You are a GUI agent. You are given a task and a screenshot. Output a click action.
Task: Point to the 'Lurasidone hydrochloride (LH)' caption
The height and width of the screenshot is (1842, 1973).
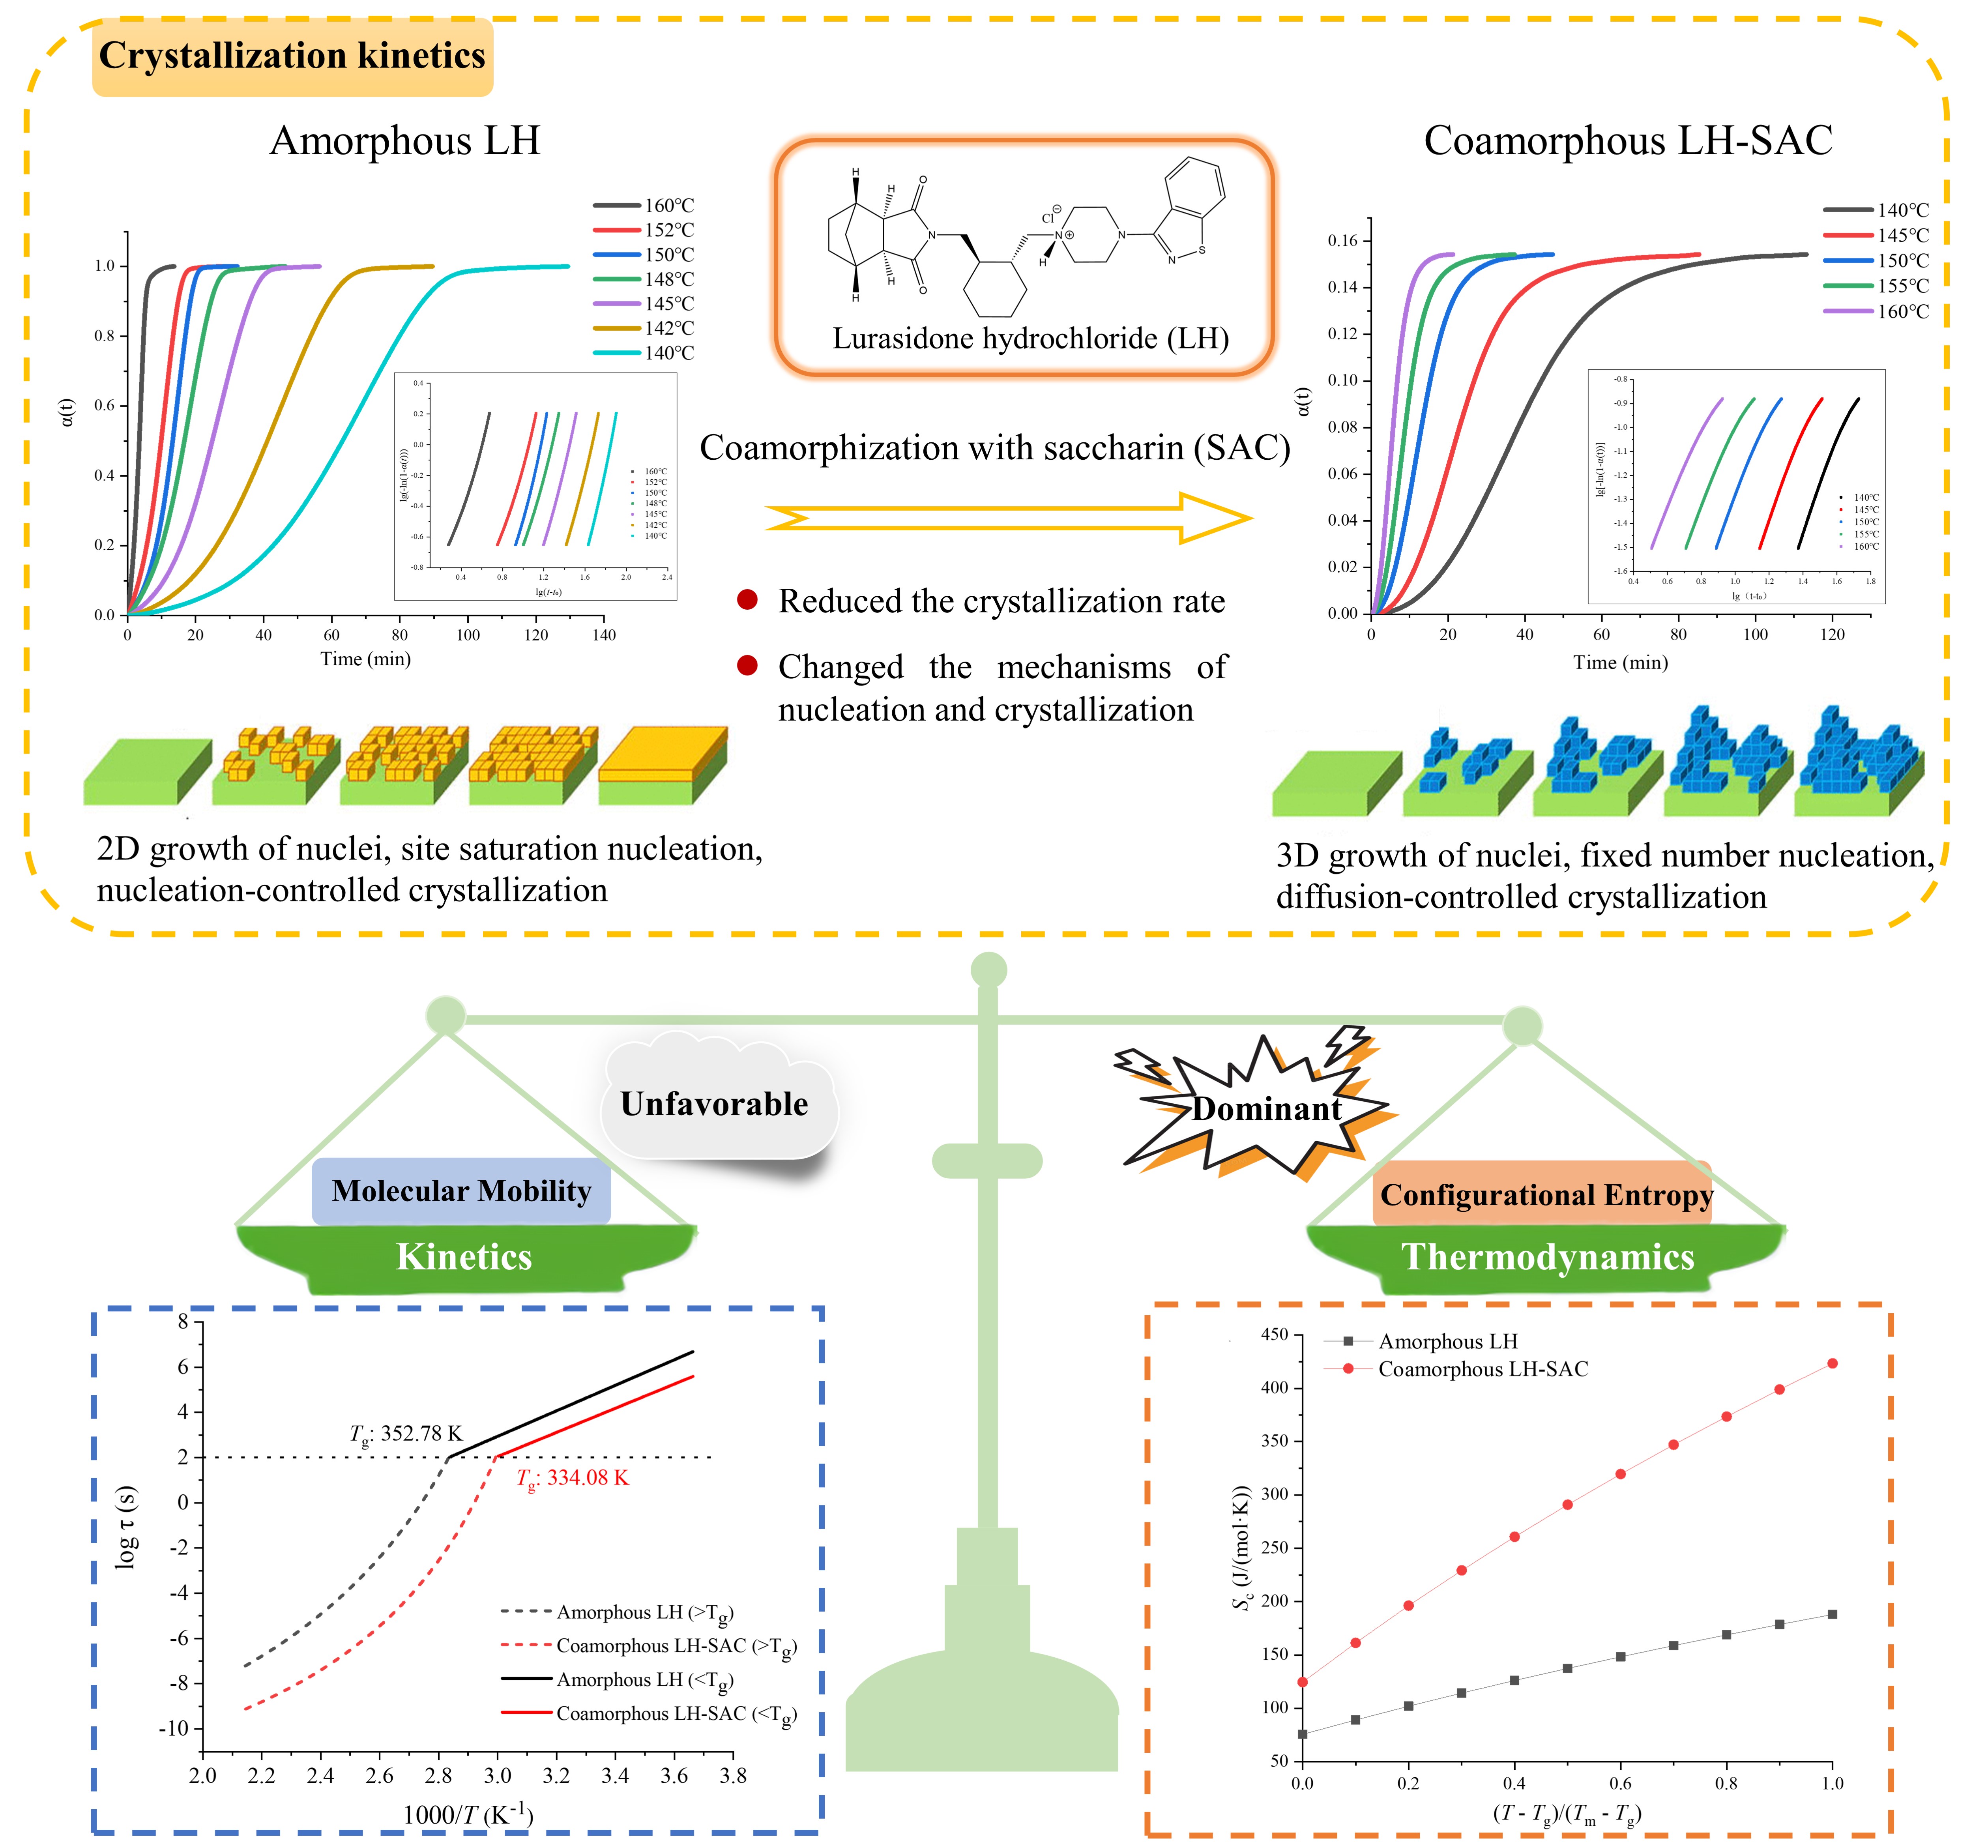click(x=1030, y=339)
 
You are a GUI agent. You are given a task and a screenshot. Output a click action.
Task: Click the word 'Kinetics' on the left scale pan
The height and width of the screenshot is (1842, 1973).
click(x=464, y=1258)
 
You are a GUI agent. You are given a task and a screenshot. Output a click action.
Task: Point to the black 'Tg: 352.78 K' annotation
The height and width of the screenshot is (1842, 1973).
click(x=406, y=1434)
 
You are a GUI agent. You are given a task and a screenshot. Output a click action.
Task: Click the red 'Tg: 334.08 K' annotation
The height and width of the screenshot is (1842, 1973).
click(x=573, y=1478)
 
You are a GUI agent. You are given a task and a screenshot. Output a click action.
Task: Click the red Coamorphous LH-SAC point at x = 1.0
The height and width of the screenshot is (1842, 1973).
click(x=1832, y=1364)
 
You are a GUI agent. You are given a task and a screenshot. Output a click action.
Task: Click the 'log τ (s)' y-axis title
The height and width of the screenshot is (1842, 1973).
click(x=126, y=1528)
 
